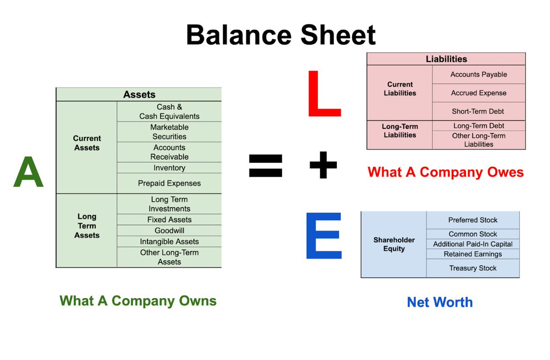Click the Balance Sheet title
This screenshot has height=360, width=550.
tap(280, 35)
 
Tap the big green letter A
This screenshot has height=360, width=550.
tap(28, 172)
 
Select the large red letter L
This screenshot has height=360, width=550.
tap(323, 94)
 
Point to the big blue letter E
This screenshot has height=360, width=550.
tap(324, 235)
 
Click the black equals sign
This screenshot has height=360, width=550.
tap(265, 166)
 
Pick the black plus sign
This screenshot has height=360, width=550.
tap(323, 165)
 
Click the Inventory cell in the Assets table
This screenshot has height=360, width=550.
tap(169, 168)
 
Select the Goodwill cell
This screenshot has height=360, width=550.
tap(169, 231)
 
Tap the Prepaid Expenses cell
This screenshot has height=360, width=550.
tap(169, 183)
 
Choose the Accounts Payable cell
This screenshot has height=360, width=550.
tap(478, 74)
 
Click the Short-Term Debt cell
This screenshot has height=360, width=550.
tap(478, 111)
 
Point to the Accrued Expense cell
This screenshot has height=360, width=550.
tap(478, 93)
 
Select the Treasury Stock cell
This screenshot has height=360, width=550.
tap(473, 268)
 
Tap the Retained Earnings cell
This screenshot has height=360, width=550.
tap(473, 254)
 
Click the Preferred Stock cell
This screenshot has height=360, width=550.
tap(473, 220)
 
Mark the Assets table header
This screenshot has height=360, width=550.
tap(139, 94)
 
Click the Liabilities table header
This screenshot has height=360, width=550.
tap(446, 59)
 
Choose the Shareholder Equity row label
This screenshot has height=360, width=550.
tap(394, 244)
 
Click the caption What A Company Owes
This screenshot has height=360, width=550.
tap(445, 172)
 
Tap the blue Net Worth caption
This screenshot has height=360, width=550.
tap(440, 302)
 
